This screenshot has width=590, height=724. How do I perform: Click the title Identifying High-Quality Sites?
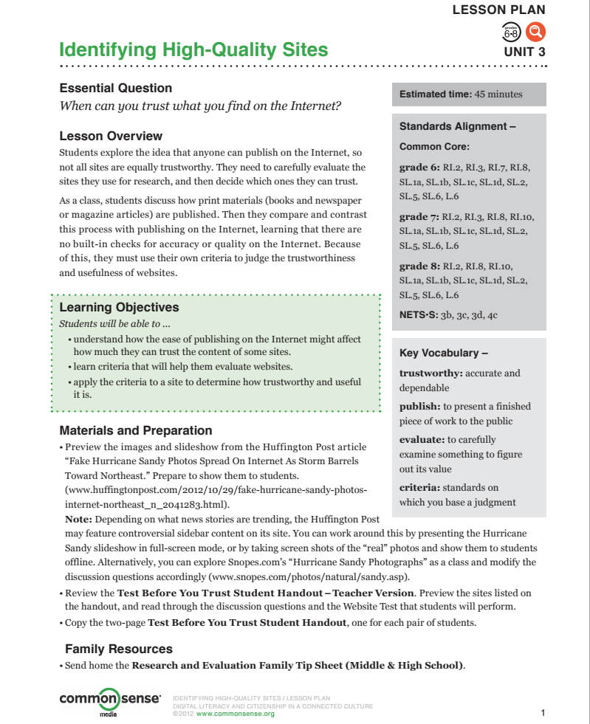click(x=193, y=50)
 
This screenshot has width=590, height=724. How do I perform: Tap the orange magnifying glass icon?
click(x=535, y=32)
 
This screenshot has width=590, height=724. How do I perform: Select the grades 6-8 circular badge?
click(x=511, y=32)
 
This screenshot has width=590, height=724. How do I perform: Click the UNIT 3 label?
click(x=524, y=52)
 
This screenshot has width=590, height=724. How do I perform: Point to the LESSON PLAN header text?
click(x=498, y=10)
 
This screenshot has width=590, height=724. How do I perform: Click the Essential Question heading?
click(x=115, y=88)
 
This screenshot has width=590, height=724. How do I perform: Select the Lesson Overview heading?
click(x=111, y=136)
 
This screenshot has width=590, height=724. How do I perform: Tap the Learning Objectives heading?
click(x=119, y=307)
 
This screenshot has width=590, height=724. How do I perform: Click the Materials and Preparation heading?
click(x=135, y=430)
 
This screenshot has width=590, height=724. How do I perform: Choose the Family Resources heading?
click(x=118, y=649)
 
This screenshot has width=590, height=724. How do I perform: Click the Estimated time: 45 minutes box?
click(x=469, y=94)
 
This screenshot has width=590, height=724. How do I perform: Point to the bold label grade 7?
click(x=419, y=217)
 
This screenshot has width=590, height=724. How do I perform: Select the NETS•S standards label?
click(x=418, y=314)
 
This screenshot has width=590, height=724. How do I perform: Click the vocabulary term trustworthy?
click(x=431, y=373)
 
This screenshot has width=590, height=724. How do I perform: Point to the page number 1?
click(x=543, y=712)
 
